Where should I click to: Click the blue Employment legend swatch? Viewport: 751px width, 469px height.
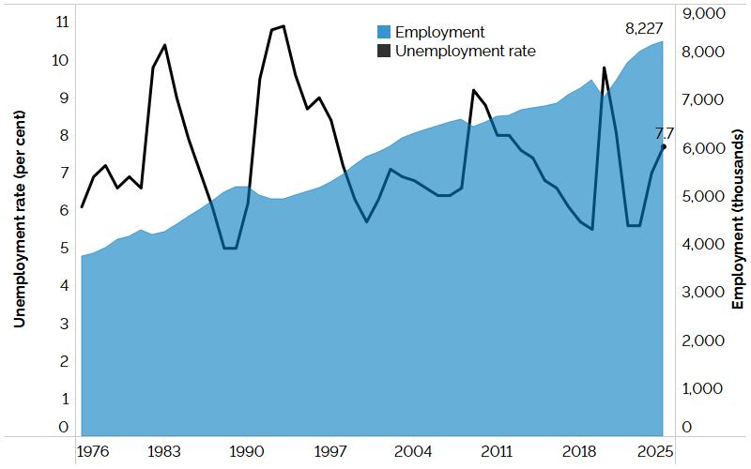tap(383, 32)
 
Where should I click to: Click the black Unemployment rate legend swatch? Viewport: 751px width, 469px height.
tap(383, 51)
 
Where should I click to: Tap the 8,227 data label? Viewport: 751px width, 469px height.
tap(644, 28)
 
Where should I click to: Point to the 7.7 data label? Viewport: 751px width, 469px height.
tap(665, 131)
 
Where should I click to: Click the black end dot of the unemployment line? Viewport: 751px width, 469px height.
tap(664, 146)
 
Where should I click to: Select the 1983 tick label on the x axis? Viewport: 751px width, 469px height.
tap(164, 451)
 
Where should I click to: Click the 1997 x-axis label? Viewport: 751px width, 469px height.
tap(330, 451)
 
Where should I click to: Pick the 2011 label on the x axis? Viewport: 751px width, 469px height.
tap(497, 451)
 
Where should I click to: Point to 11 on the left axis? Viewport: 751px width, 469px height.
tap(63, 22)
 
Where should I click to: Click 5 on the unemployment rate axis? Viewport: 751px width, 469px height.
tap(65, 248)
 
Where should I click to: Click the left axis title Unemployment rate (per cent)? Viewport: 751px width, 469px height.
tap(18, 226)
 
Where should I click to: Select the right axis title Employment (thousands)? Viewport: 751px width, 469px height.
tap(738, 226)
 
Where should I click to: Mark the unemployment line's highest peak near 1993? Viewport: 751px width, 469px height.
tap(284, 26)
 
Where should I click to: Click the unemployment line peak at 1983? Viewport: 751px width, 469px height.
tap(165, 45)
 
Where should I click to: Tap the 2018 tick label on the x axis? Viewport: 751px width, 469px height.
tap(579, 451)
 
